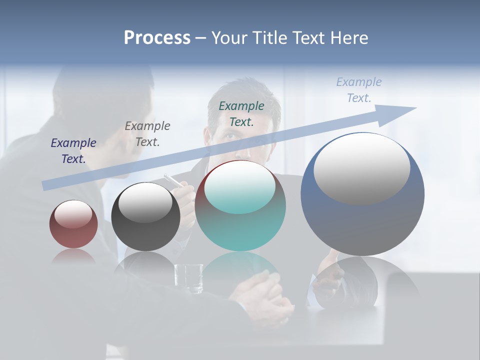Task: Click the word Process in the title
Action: (157, 38)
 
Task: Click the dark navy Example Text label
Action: (73, 150)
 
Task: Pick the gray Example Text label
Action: (147, 133)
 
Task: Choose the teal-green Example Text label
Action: (241, 113)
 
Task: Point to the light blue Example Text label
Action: (359, 90)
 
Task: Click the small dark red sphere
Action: (73, 224)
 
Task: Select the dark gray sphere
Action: (145, 217)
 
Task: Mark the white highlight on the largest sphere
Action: (362, 168)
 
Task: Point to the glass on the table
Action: (188, 278)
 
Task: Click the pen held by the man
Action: (173, 180)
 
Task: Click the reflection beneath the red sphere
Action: (73, 256)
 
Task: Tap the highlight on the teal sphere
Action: (240, 186)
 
